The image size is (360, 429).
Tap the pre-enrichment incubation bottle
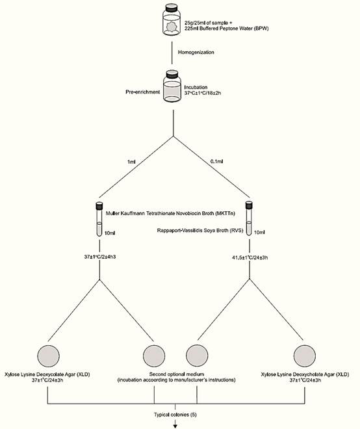tap(172, 86)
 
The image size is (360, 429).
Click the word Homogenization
tap(196, 52)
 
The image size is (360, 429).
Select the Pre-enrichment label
tap(142, 92)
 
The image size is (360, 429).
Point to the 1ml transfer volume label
tap(131, 162)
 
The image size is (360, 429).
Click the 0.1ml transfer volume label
tap(216, 161)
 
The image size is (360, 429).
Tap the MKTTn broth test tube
tap(99, 219)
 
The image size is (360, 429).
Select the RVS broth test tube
tap(249, 218)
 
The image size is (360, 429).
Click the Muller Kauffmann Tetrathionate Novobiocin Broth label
tap(170, 213)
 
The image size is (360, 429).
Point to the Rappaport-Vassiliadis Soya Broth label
tap(200, 230)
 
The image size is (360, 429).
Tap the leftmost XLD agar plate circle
tap(49, 356)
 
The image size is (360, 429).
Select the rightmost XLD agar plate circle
tap(305, 356)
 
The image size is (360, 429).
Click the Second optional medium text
tap(177, 374)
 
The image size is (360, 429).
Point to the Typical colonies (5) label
tap(175, 415)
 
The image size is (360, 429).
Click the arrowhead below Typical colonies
tap(175, 426)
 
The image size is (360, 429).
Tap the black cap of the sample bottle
tap(172, 6)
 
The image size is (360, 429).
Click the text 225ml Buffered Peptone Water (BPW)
tap(227, 28)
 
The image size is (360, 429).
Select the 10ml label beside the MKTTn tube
tap(110, 233)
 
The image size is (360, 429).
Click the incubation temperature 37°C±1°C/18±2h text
tap(203, 93)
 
